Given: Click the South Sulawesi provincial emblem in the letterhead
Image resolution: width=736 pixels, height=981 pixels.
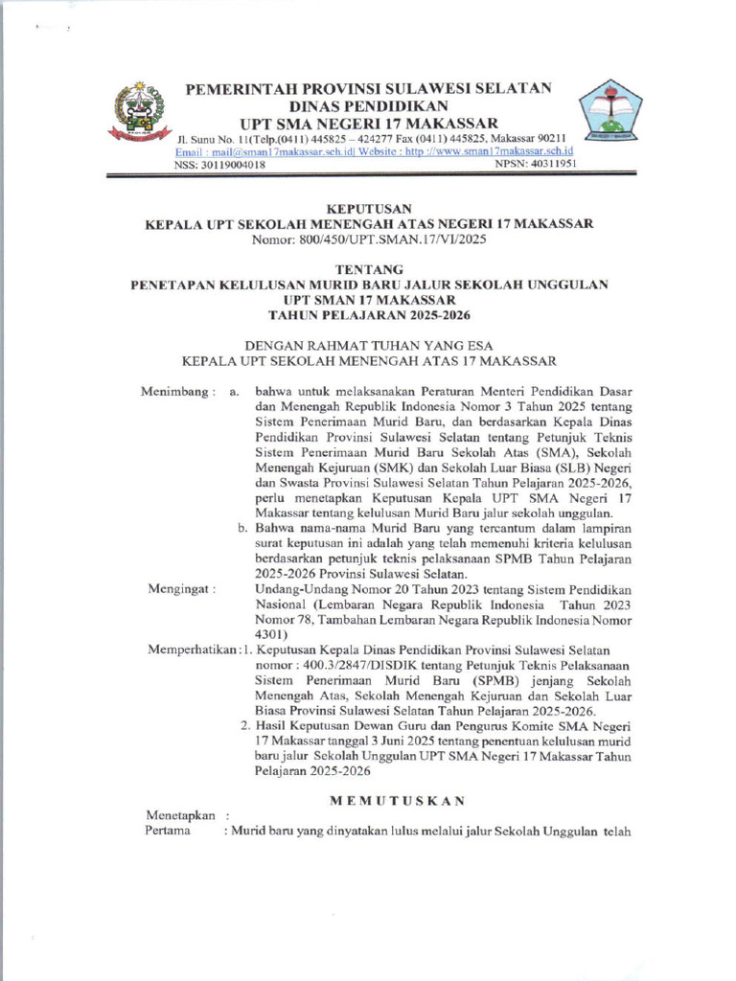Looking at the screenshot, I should (x=139, y=113).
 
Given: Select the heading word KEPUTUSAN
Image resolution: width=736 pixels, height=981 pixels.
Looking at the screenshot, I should (x=369, y=208).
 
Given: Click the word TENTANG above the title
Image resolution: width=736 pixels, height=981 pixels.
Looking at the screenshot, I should (x=369, y=269).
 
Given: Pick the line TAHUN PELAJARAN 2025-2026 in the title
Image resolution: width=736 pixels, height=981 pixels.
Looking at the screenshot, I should (x=369, y=315).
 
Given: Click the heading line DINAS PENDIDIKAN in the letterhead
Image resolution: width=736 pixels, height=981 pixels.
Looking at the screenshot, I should (x=369, y=105).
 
